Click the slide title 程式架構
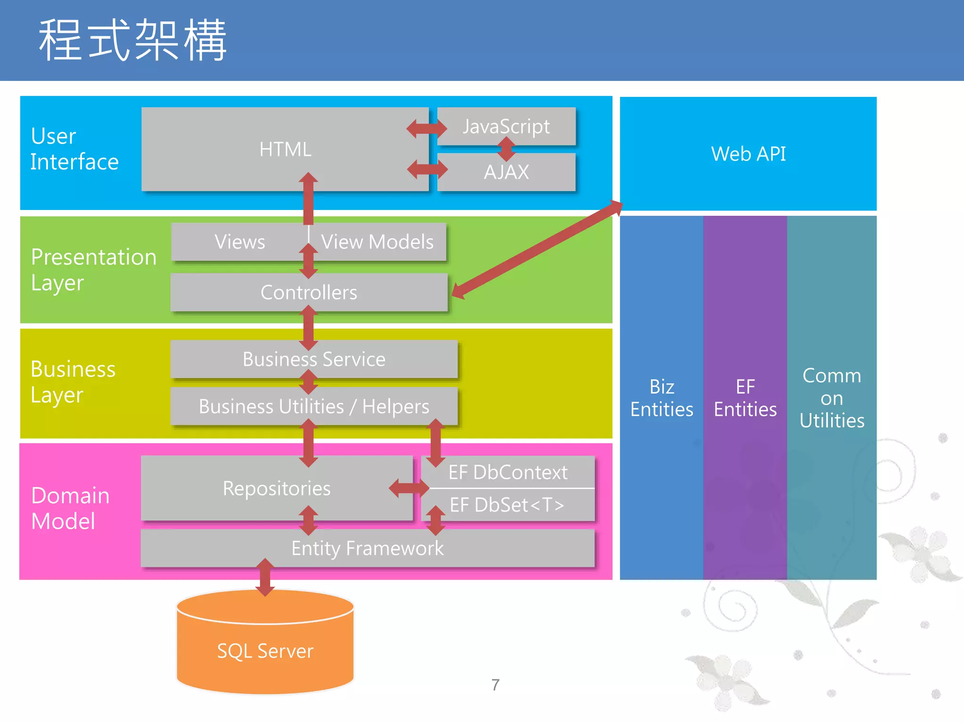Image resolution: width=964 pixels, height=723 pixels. pos(133,40)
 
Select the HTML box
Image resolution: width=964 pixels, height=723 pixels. pos(285,149)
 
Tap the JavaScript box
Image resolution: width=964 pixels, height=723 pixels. pos(506,126)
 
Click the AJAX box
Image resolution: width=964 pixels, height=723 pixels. pos(506,172)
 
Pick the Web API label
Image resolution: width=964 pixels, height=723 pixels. pos(748,154)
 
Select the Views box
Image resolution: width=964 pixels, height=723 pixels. pos(240,242)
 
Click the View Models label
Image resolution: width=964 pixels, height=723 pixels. pos(377,242)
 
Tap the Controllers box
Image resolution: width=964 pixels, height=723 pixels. pos(309,292)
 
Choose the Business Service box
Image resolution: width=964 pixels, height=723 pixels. pos(314,359)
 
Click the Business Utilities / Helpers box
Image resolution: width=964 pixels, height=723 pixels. pos(314,406)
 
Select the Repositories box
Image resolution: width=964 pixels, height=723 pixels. pos(277,488)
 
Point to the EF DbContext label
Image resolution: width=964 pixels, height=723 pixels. pos(508,472)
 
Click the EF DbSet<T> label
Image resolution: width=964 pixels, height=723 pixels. pos(507,505)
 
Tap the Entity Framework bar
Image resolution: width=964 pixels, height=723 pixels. pos(367,548)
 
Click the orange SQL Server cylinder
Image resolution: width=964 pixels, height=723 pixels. pos(265,651)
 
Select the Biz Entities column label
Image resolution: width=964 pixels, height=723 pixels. pos(661,398)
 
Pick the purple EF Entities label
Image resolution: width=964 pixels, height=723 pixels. pos(745,398)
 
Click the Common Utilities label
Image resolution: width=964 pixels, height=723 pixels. pos(832,398)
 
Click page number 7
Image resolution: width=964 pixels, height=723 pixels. pos(495,685)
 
